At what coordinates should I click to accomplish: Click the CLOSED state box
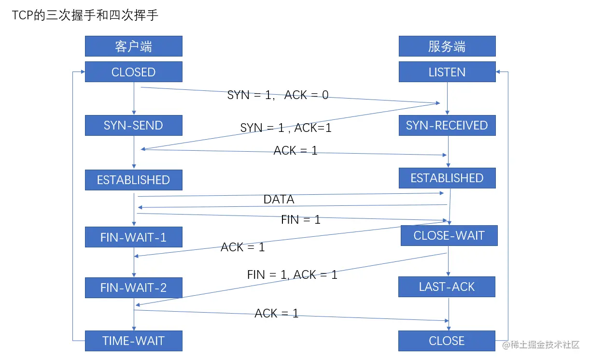134,72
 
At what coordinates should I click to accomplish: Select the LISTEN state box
447,72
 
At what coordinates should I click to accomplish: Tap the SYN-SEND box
134,126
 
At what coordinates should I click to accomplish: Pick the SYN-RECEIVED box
447,126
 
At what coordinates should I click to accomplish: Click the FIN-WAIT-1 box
134,237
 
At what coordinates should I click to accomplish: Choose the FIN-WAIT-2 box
134,288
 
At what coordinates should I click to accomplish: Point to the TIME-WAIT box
134,341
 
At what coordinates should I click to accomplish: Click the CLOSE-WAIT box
449,236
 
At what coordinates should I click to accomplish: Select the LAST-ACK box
447,287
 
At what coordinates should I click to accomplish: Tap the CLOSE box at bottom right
447,341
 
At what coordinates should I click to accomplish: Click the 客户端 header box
134,46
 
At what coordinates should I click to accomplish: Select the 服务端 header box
447,46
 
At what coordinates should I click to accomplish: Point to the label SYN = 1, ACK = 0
278,95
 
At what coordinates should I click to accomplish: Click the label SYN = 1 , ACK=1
286,128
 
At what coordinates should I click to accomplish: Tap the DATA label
279,199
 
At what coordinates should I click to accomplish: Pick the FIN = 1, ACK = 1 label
292,274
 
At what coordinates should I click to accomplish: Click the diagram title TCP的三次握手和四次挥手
85,15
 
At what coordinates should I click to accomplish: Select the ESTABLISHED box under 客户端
134,180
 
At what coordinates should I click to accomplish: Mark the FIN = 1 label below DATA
301,219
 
